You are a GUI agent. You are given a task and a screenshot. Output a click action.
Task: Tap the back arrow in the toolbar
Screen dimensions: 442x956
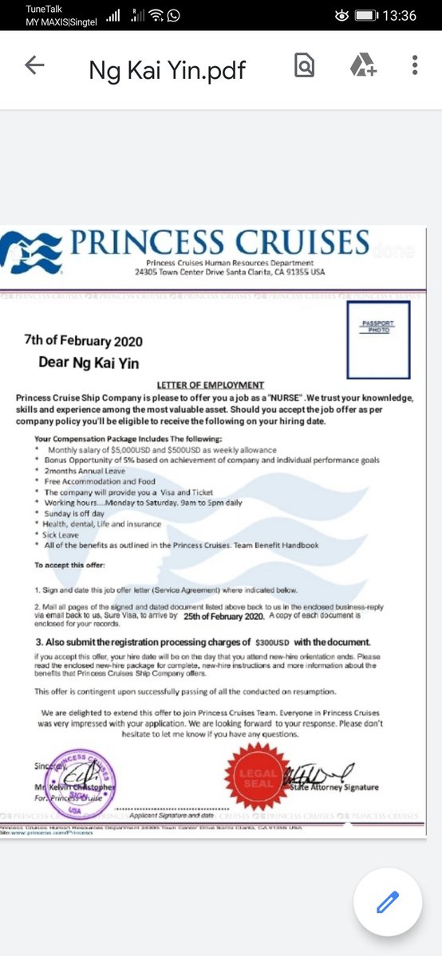point(34,65)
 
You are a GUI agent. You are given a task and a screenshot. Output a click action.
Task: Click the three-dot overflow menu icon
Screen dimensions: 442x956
point(414,65)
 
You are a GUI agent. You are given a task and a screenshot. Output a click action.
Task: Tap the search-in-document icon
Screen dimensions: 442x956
point(304,65)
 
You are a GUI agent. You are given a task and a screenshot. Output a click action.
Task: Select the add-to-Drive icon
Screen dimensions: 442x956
point(362,65)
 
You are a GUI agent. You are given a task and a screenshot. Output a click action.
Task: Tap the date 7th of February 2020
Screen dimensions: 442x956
point(84,342)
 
